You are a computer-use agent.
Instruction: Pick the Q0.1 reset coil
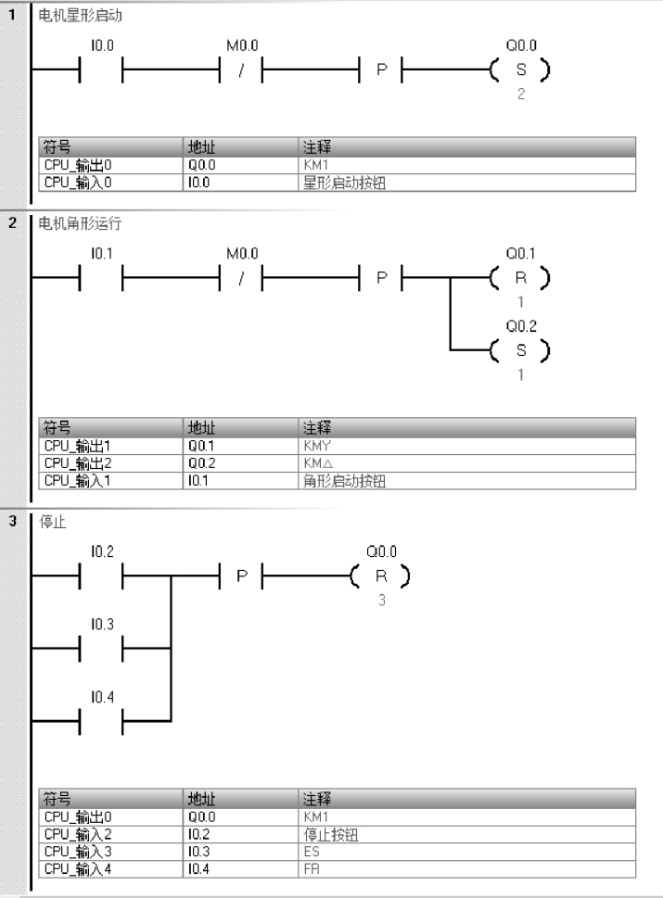pyautogui.click(x=520, y=276)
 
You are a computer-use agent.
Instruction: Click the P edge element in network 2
pyautogui.click(x=380, y=276)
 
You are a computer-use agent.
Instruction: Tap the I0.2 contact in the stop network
pyautogui.click(x=102, y=575)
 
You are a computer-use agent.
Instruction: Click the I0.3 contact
pyautogui.click(x=102, y=647)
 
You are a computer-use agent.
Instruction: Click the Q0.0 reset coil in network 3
pyautogui.click(x=380, y=575)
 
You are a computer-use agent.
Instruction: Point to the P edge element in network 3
pyautogui.click(x=241, y=575)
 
